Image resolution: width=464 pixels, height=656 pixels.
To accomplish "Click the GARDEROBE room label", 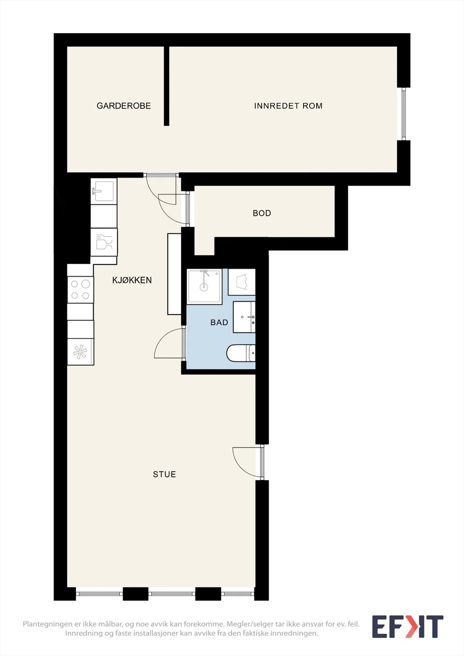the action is click(124, 106).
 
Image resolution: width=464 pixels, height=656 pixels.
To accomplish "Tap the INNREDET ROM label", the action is click(288, 106).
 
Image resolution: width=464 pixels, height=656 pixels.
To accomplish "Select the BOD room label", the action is click(262, 213).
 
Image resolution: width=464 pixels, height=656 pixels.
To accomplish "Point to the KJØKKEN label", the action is click(132, 280).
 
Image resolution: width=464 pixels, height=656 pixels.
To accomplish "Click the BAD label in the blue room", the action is click(219, 322).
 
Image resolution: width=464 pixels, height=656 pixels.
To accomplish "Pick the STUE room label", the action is click(165, 474).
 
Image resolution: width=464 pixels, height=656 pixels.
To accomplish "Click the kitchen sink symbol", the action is click(104, 191).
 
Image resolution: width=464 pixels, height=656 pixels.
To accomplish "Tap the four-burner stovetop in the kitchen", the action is click(80, 289).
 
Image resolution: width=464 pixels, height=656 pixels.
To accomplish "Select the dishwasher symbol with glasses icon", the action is click(104, 242).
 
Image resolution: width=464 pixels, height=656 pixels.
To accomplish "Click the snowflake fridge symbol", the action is click(80, 352).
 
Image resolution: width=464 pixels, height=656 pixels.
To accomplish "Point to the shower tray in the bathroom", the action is click(204, 287).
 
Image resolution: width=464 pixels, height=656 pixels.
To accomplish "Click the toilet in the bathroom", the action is click(241, 353).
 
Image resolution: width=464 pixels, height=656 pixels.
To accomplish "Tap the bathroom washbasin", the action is click(244, 317).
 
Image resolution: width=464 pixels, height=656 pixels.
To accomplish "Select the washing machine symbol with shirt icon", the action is click(242, 282).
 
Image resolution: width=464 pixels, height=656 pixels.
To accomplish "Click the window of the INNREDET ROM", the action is click(404, 114).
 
